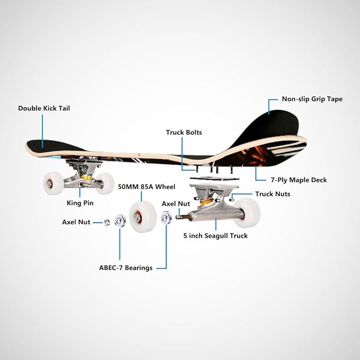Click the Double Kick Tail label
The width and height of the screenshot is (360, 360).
(44, 108)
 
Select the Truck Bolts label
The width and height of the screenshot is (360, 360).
(183, 133)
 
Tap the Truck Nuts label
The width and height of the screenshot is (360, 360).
(273, 194)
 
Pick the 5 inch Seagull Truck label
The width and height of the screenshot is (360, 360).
(215, 236)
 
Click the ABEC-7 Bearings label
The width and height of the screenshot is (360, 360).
(126, 268)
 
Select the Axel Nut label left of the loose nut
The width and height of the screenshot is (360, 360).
(76, 222)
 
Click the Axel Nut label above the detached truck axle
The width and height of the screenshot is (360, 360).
(175, 204)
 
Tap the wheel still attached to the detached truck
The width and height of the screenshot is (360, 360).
(247, 212)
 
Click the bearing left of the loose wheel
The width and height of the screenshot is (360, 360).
(119, 218)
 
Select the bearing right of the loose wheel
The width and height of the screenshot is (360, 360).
(165, 217)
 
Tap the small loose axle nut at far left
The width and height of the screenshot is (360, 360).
(106, 223)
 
